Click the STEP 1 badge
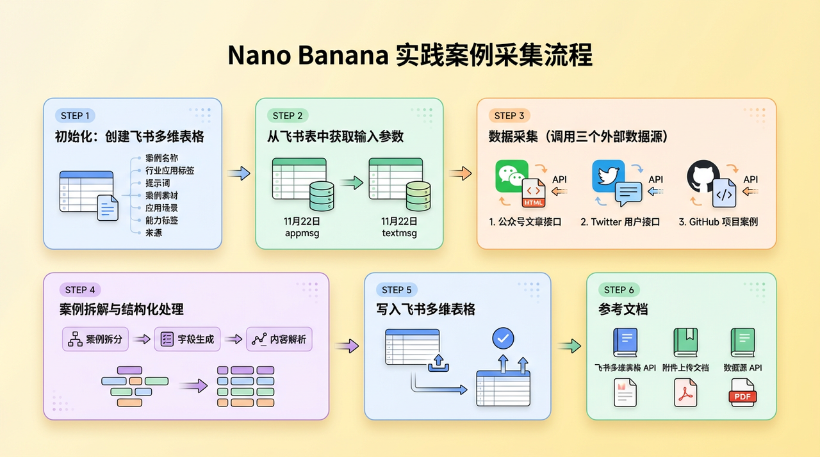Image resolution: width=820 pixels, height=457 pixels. (x=76, y=116)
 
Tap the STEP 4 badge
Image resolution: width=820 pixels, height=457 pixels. (x=80, y=290)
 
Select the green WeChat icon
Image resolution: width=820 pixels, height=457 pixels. (x=511, y=176)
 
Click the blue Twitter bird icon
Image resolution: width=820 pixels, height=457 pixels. (x=608, y=175)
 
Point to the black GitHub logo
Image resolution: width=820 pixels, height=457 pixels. (x=703, y=177)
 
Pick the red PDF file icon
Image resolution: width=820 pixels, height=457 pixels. (x=742, y=393)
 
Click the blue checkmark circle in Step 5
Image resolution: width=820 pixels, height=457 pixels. (x=502, y=338)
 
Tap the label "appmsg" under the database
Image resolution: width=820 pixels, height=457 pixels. (x=302, y=233)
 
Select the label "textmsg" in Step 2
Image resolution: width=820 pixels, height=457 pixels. (x=399, y=233)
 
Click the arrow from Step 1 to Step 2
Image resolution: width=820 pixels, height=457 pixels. (x=238, y=173)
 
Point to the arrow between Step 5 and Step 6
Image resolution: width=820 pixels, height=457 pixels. (x=568, y=346)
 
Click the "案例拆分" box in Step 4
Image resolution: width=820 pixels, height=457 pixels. (x=95, y=339)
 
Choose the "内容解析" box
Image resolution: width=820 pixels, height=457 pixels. (x=279, y=339)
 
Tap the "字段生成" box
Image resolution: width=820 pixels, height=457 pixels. (x=187, y=339)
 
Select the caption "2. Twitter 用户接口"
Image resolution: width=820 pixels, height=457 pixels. (x=621, y=222)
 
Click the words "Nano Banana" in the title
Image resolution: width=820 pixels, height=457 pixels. (x=308, y=56)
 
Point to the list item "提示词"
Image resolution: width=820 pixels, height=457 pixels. (x=158, y=183)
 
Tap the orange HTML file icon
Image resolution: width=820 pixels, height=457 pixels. (x=534, y=193)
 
